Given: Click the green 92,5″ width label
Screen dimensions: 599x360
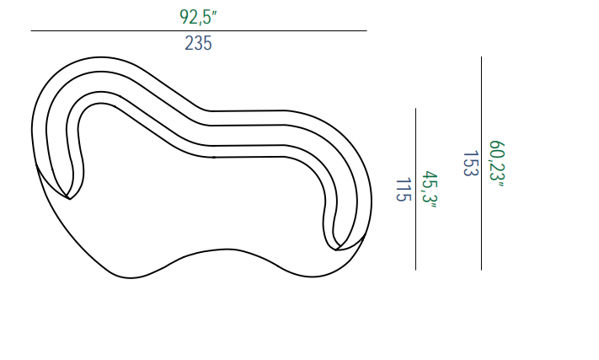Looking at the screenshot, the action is [198, 17].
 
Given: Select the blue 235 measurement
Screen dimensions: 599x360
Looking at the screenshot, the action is [198, 43].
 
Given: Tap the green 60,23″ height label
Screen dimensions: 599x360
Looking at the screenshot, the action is [497, 164].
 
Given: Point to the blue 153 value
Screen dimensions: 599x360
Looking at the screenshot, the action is [471, 164].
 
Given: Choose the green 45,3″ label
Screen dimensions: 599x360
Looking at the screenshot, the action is [430, 189].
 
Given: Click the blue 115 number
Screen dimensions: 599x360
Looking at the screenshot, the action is [404, 189].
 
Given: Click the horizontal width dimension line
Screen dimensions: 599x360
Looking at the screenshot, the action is [199, 30].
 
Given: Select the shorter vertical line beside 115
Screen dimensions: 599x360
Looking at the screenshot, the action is [415, 189].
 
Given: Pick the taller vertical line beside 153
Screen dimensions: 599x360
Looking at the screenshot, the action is [481, 164].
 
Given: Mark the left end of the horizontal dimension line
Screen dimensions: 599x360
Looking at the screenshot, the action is [31, 30].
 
